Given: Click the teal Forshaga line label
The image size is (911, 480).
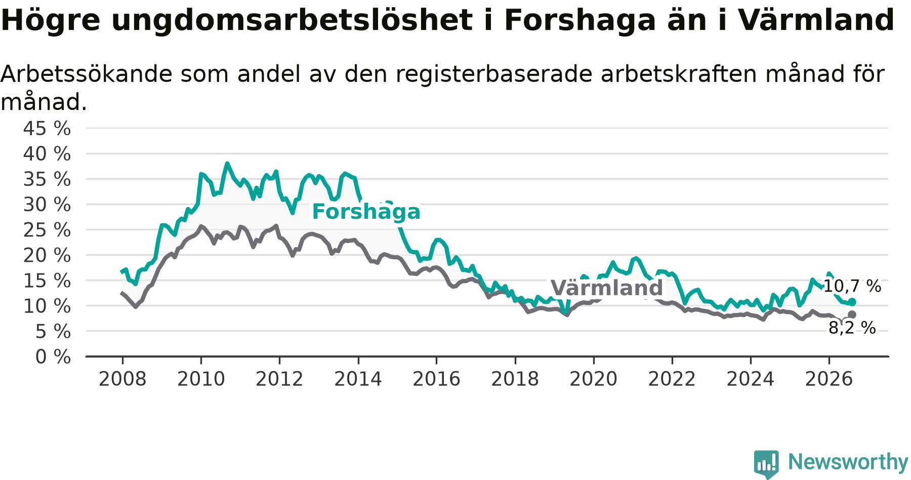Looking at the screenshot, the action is point(366,212).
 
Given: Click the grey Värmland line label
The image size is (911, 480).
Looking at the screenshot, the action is point(606,288).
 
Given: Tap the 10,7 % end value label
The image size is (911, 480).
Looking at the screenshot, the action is point(852,287).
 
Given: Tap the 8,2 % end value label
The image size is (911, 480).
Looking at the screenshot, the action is point(852,328).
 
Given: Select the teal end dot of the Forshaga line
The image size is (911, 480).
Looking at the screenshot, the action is point(852,302).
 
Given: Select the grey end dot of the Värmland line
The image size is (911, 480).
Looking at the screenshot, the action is point(852,314).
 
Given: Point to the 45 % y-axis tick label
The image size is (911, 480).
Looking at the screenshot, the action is point(47,129).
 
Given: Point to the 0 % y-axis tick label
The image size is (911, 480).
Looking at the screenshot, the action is point(53,357).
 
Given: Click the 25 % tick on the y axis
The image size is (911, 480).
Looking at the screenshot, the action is point(47,230).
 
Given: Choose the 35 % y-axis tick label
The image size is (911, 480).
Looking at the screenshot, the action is point(47,179).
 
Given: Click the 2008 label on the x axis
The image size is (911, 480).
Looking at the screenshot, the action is point(122,379).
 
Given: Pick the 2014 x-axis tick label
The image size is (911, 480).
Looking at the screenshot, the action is point(358,379).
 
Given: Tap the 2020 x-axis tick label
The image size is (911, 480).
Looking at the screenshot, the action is point(594,379).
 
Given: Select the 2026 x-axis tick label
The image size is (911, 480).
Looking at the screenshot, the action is point(829,379).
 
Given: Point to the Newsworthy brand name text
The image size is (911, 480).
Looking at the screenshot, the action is point(848,462).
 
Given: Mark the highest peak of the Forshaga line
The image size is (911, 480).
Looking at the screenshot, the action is point(227,164).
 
